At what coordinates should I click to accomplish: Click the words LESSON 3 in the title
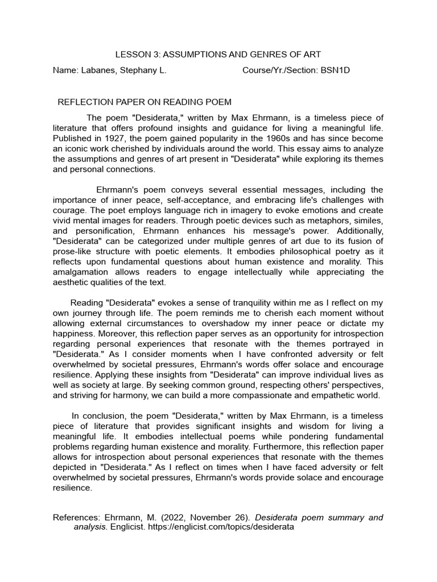pyautogui.click(x=135, y=55)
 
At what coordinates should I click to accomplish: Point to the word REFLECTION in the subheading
pyautogui.click(x=84, y=102)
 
